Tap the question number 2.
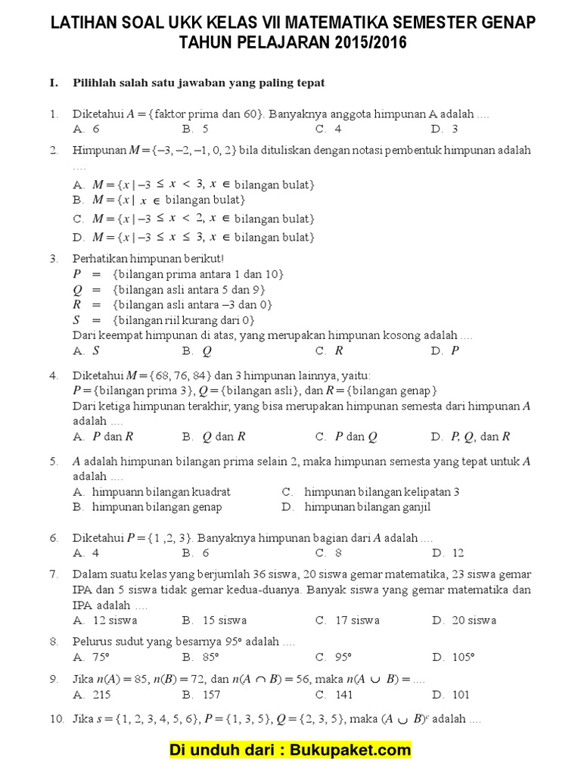[x=54, y=150]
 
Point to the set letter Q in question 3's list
[x=77, y=290]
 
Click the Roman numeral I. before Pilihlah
[x=54, y=82]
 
